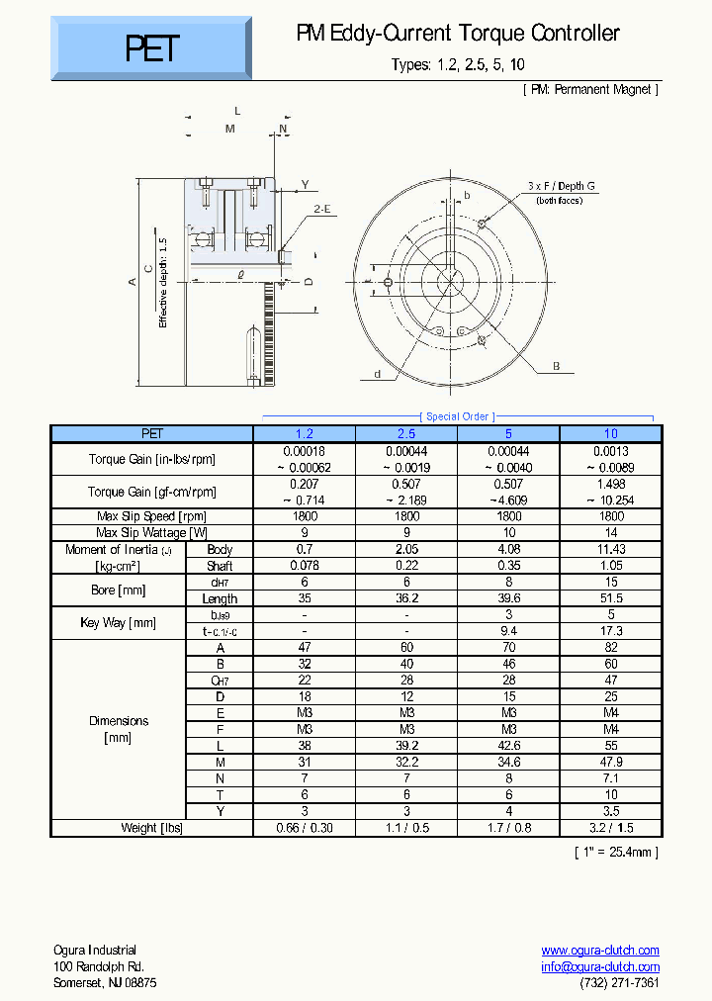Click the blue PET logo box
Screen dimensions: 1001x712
[x=151, y=47]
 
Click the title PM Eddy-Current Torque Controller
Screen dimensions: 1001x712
[x=458, y=34]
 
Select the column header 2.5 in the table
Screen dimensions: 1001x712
[x=406, y=433]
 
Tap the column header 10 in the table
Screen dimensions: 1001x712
[x=611, y=433]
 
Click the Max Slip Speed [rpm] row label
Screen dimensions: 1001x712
[x=151, y=516]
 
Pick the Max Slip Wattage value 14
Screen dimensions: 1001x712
[x=611, y=533]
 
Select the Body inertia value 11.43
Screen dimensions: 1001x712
[x=611, y=549]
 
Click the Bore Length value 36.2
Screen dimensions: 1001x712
[x=406, y=598]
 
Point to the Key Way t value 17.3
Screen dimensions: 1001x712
[x=611, y=631]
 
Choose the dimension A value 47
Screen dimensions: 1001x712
[x=304, y=648]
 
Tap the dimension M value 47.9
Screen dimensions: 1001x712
[x=611, y=763]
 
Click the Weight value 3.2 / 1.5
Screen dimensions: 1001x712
[x=611, y=828]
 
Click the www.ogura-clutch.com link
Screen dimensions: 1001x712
[x=600, y=951]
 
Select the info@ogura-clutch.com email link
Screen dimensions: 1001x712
[x=600, y=967]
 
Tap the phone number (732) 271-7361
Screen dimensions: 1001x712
[x=619, y=983]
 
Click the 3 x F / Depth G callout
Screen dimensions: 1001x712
[x=561, y=186]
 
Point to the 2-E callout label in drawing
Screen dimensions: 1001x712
[x=322, y=209]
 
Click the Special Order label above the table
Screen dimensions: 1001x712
[x=458, y=416]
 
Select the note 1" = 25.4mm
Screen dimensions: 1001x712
[x=616, y=852]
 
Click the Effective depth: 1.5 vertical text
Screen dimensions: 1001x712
[x=164, y=283]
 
